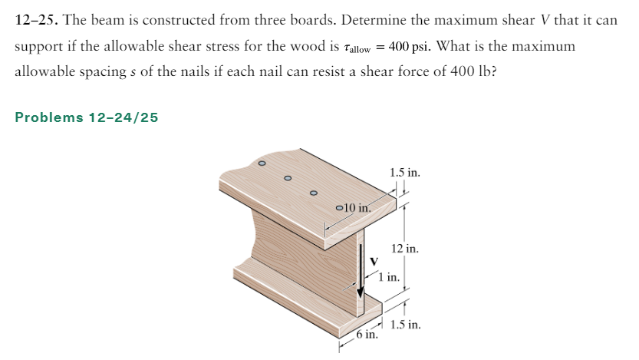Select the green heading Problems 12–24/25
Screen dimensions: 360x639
coord(87,117)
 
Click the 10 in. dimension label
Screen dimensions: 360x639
coord(356,207)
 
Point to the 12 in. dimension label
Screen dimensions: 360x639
coord(404,249)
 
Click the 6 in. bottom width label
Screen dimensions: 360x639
coord(367,335)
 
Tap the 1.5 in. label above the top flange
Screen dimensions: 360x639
coord(404,173)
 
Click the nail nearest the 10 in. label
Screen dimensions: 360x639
coord(338,207)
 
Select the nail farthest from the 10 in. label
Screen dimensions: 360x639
coord(262,163)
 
